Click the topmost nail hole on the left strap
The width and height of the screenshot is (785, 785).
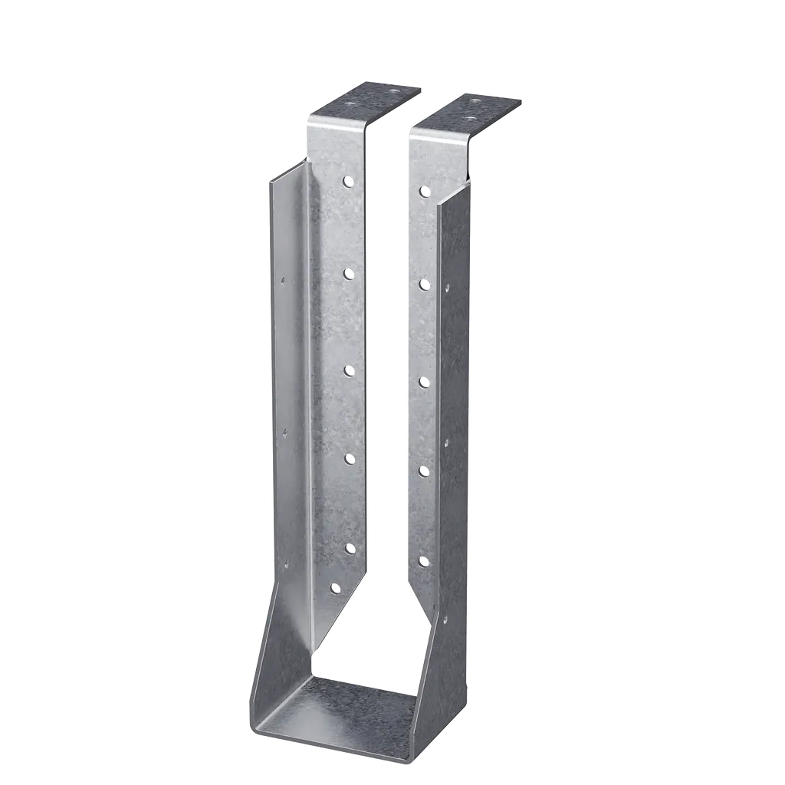(349, 182)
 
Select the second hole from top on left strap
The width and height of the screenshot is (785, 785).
(349, 273)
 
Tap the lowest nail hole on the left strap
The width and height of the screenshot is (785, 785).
(335, 589)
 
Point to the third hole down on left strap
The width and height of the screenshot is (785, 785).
(349, 370)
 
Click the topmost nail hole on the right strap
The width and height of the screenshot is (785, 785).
(423, 191)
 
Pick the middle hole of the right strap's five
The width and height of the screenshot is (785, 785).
(423, 381)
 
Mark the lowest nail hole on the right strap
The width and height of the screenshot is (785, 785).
(423, 562)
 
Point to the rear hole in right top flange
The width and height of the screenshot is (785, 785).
(477, 100)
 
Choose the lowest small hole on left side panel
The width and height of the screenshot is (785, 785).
(285, 565)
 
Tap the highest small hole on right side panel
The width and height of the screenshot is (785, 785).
(447, 288)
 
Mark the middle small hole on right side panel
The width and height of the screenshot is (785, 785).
(447, 442)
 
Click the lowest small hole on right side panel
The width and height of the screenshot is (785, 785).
(445, 618)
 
